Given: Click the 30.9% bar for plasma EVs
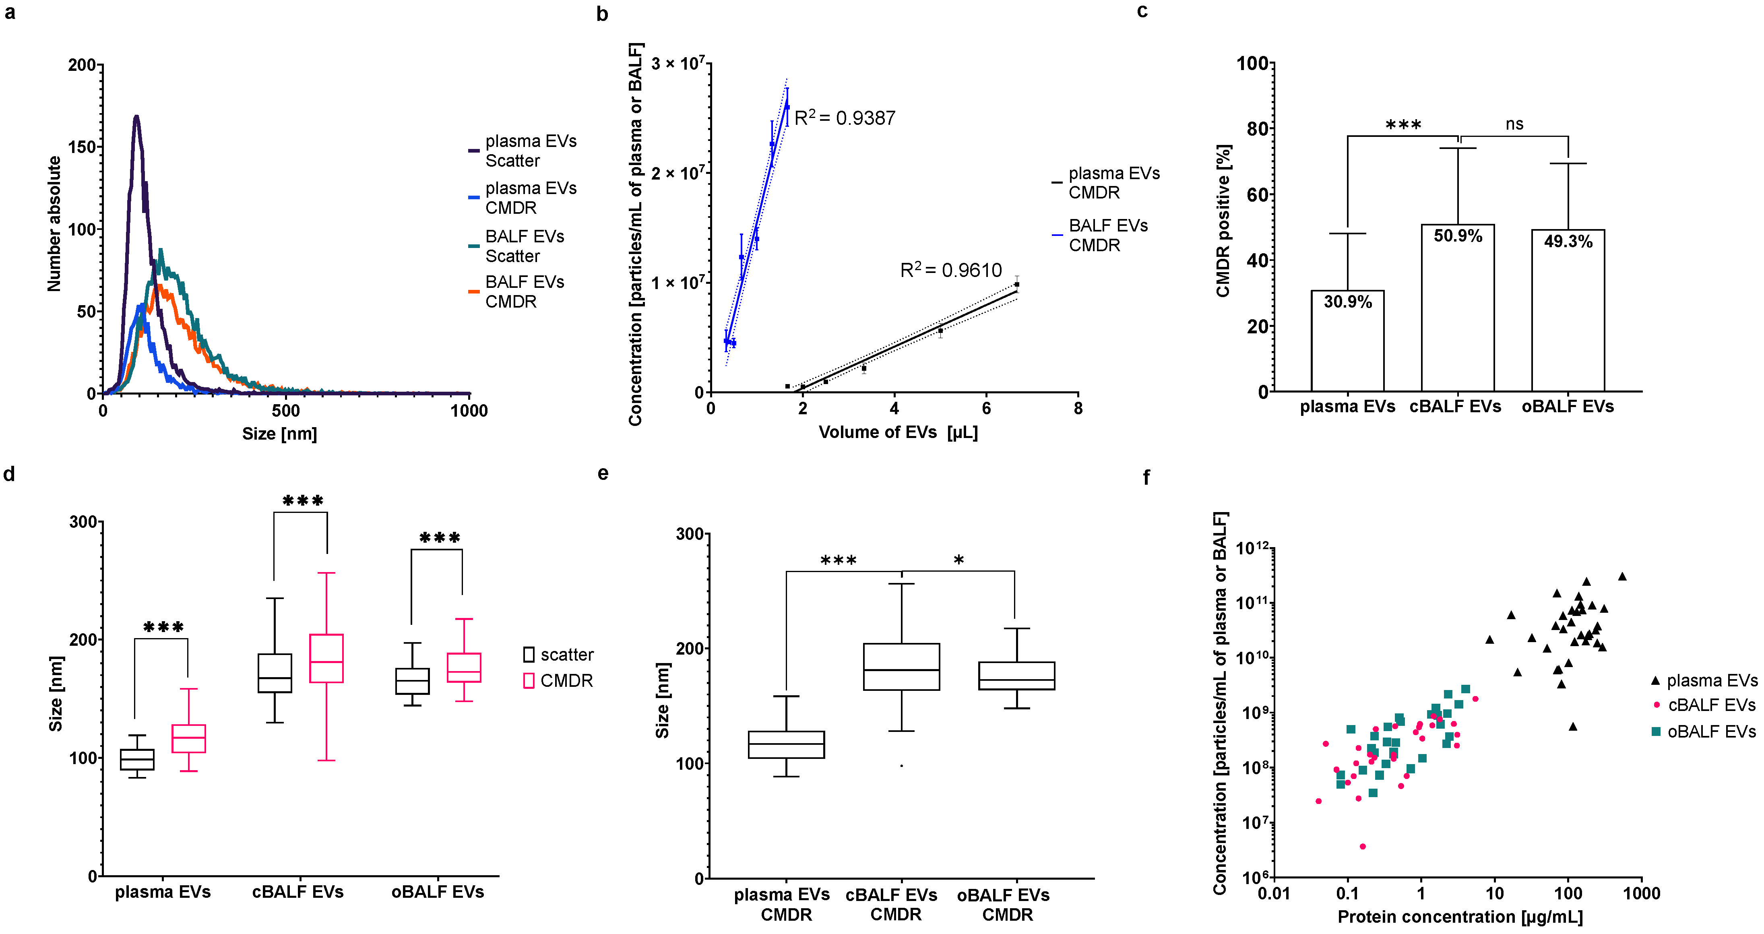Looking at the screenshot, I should tap(1347, 342).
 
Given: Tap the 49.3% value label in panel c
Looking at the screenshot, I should tap(1568, 242).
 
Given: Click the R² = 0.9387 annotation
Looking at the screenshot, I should tap(844, 118).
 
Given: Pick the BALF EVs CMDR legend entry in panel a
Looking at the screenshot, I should tap(524, 292).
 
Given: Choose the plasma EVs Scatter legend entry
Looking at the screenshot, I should tap(530, 151).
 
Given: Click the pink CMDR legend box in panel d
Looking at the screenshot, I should tap(529, 681).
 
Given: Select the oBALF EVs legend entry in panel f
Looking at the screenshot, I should tap(1710, 731).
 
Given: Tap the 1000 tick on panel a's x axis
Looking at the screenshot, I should tap(469, 411).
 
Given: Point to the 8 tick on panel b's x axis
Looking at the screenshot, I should tap(1078, 409).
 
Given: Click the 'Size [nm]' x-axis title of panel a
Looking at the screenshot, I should tap(279, 434).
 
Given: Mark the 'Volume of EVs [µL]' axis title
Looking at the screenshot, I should tap(898, 432).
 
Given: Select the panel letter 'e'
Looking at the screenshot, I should tap(603, 473).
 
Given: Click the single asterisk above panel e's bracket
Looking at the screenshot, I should tap(959, 560).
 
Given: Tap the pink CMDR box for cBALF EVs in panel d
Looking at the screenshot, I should tap(326, 658).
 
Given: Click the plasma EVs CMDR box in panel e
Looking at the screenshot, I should tap(786, 744).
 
